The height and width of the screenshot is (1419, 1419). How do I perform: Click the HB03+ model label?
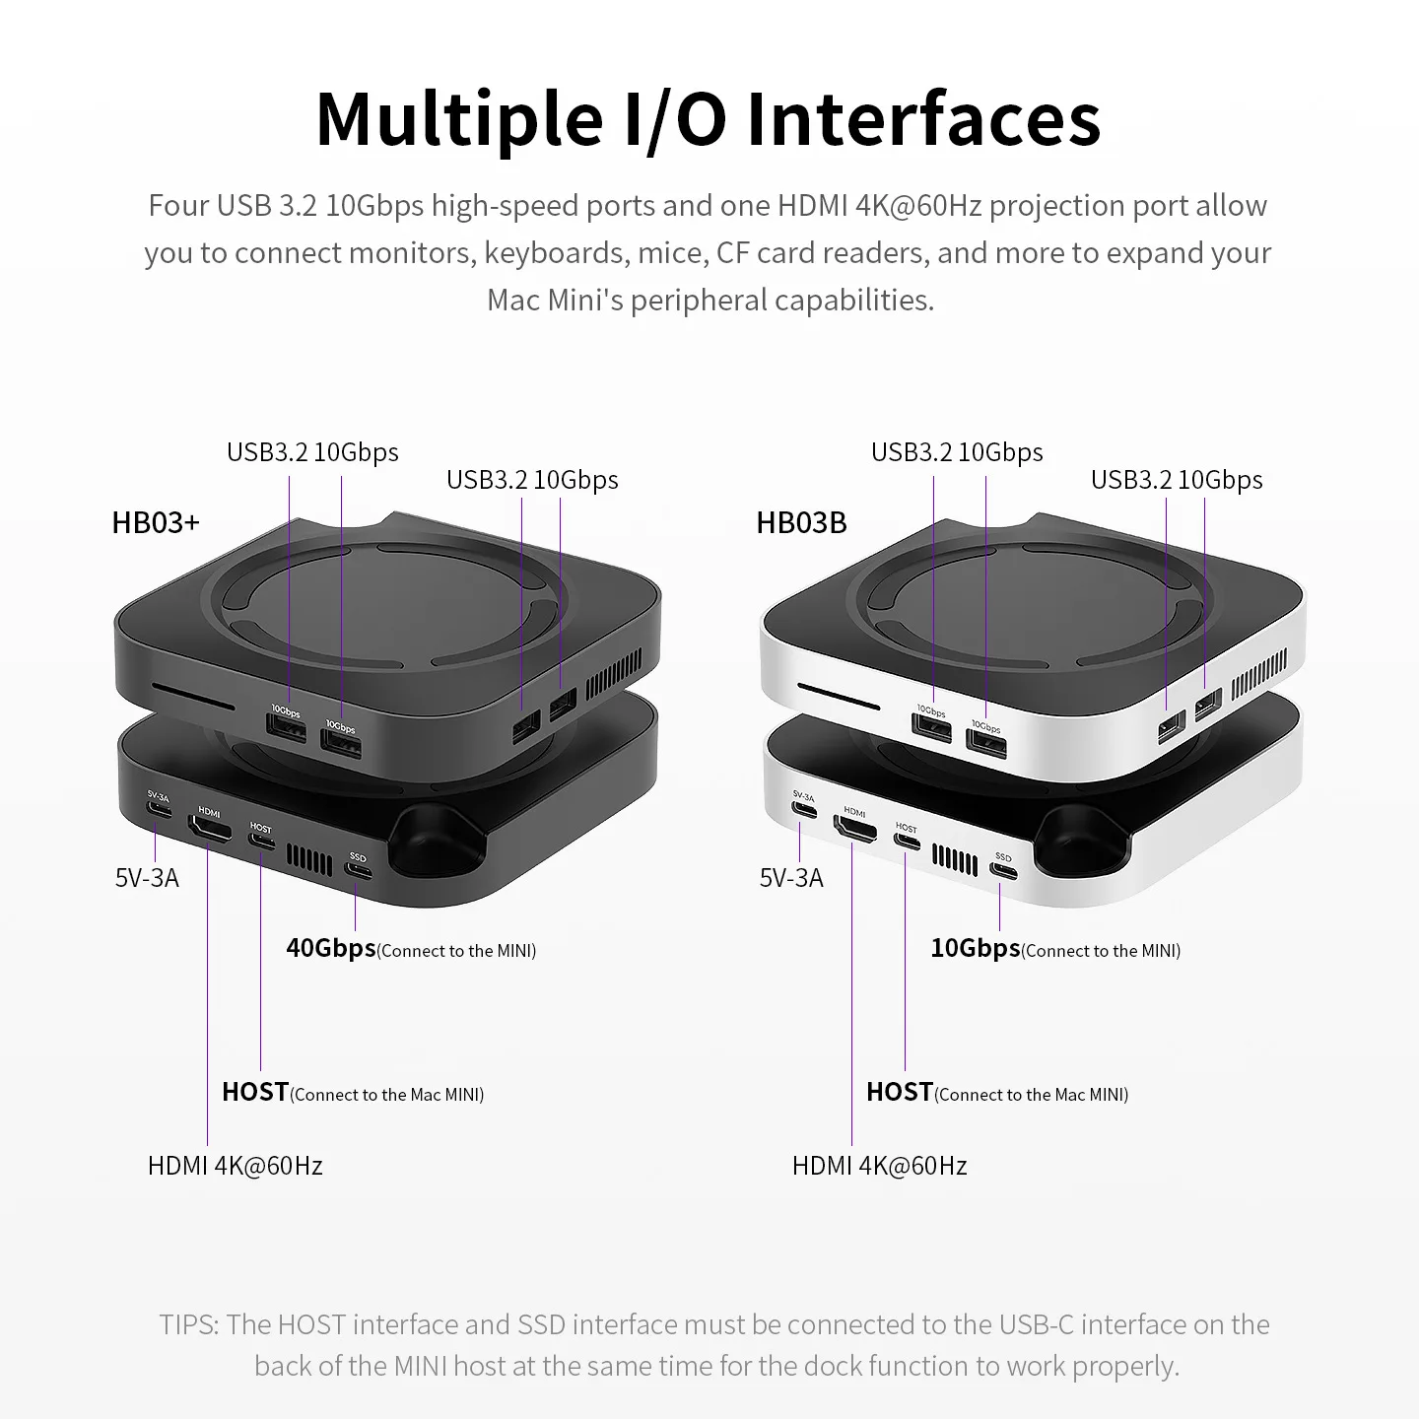[x=156, y=522]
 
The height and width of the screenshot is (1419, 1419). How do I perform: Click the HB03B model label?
[x=801, y=522]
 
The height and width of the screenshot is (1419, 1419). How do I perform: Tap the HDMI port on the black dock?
[x=209, y=831]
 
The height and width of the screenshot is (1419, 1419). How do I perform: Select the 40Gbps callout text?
[x=331, y=948]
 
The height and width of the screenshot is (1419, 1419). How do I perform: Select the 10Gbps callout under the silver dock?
[x=976, y=948]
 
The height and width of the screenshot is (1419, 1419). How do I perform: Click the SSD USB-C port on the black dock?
[x=358, y=872]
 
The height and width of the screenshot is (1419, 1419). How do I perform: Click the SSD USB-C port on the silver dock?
[x=1002, y=871]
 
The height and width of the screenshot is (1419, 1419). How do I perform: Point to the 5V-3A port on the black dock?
[x=158, y=811]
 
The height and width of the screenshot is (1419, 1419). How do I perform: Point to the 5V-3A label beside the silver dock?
[x=791, y=878]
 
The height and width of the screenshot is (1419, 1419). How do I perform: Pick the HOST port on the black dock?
[x=261, y=840]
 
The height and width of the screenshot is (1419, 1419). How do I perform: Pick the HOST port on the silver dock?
[x=906, y=840]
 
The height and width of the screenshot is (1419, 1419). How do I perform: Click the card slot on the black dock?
[x=193, y=707]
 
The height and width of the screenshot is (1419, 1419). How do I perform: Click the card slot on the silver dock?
[x=838, y=696]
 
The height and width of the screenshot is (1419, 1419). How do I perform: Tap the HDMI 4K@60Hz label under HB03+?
[x=236, y=1166]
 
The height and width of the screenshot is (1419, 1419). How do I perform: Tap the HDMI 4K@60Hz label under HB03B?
[x=880, y=1166]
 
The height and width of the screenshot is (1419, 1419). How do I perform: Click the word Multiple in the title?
[x=459, y=119]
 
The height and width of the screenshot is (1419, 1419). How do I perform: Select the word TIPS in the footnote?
[x=188, y=1324]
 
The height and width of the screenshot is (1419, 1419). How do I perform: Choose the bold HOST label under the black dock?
[x=255, y=1092]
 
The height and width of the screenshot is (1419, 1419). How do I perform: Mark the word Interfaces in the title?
[x=923, y=119]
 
